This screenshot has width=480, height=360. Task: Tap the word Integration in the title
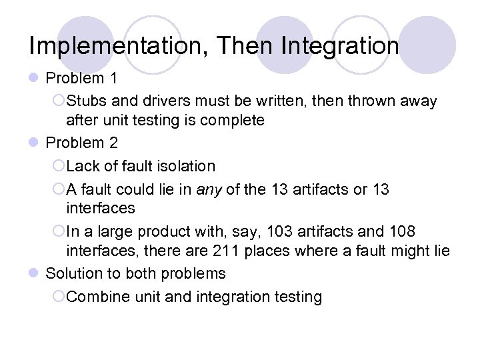(x=341, y=46)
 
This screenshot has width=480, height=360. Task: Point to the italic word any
(x=208, y=190)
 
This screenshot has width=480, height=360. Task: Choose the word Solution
(x=73, y=274)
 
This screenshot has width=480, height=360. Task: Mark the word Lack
(x=83, y=166)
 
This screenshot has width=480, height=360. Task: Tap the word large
(x=115, y=232)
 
